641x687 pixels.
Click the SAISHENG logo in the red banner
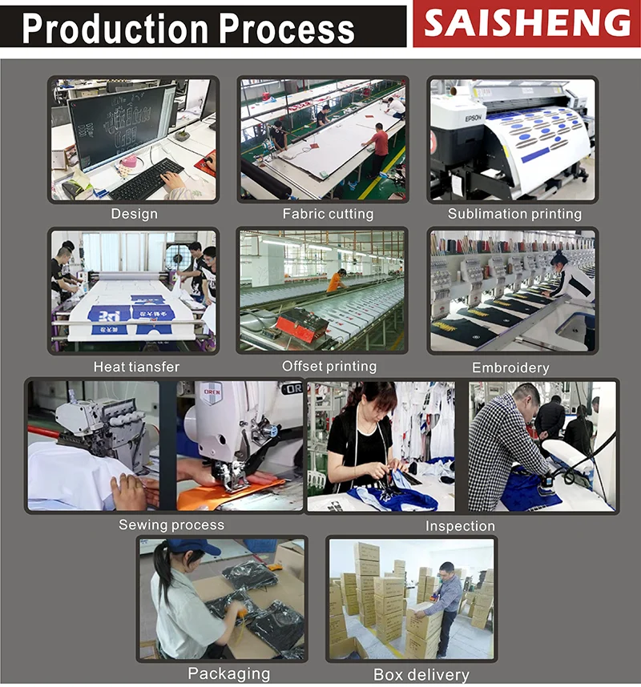click(x=526, y=23)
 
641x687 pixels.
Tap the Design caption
click(x=134, y=214)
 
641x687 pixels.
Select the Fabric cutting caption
click(x=328, y=214)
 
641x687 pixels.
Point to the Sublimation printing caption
click(x=514, y=214)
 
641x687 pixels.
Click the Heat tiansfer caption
click(x=136, y=367)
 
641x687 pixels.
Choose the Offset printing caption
click(x=329, y=366)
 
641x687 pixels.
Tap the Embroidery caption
click(x=510, y=368)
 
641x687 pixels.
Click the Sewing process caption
click(x=171, y=524)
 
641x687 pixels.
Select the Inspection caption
click(x=460, y=526)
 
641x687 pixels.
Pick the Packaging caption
click(x=228, y=673)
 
